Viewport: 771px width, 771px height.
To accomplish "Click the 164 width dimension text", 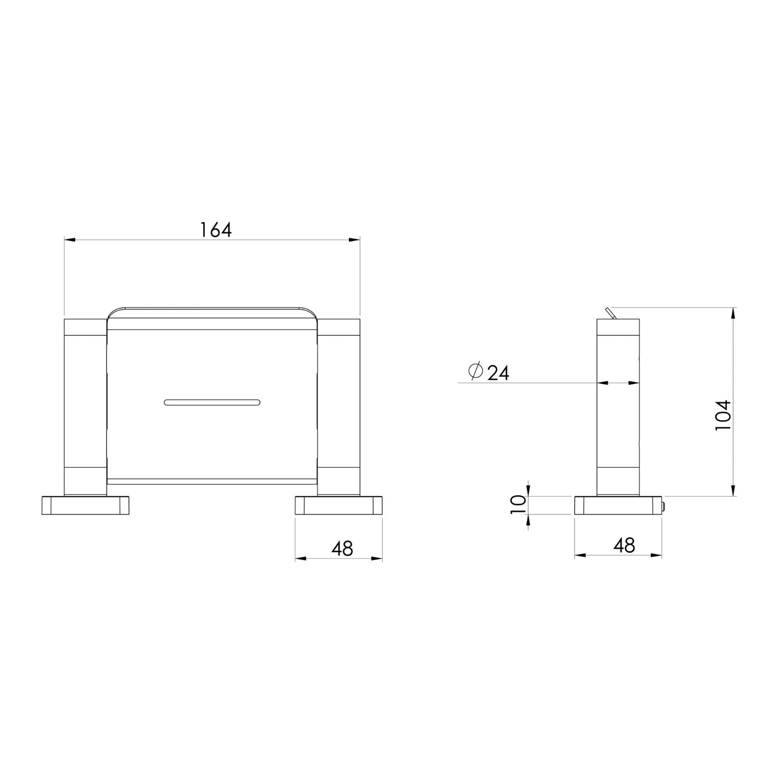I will [216, 230].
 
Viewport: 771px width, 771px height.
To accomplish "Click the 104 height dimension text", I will [723, 415].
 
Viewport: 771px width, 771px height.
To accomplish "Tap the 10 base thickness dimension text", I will [518, 505].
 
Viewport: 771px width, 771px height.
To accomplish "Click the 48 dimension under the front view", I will [342, 548].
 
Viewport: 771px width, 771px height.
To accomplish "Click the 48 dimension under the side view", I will [624, 545].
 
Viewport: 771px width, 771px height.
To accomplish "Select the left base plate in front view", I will [86, 505].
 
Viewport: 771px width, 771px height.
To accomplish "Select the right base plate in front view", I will [339, 505].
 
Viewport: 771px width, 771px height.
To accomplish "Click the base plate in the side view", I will [618, 505].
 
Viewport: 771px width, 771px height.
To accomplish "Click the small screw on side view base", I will [664, 506].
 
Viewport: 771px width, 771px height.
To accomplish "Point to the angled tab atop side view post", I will [611, 313].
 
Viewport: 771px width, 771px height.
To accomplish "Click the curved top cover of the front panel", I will [212, 312].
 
